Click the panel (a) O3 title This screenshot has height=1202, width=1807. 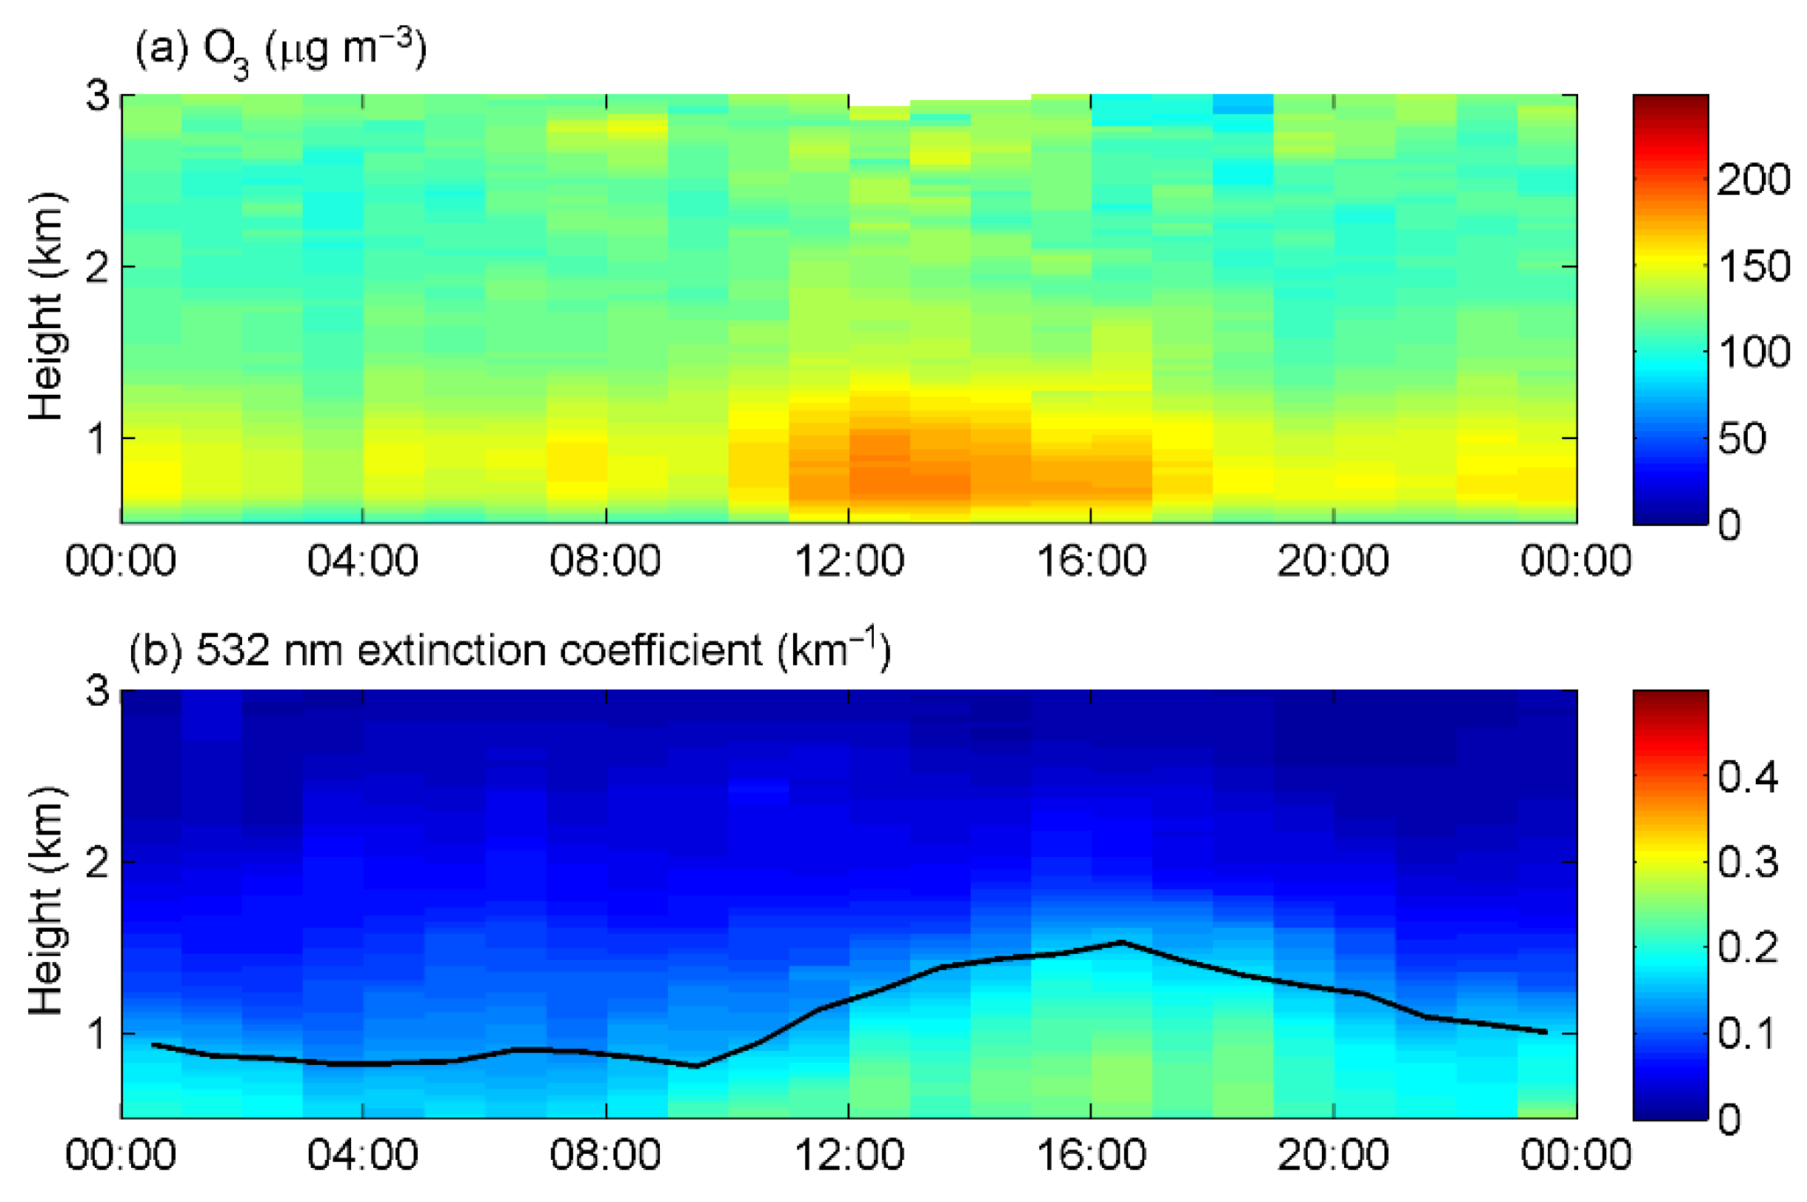(x=280, y=50)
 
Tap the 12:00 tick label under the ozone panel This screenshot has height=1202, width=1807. (x=849, y=561)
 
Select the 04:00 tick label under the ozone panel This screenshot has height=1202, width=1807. (x=362, y=561)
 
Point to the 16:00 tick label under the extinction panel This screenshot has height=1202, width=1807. (x=1092, y=1155)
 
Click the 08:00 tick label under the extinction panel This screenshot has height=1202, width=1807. (x=605, y=1155)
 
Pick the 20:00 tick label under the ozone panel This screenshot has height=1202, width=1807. (x=1334, y=561)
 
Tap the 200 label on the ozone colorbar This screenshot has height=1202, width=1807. (x=1754, y=180)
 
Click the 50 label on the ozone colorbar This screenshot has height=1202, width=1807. (x=1742, y=439)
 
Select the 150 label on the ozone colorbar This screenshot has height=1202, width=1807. (x=1754, y=267)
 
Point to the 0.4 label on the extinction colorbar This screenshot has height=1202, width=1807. (x=1748, y=778)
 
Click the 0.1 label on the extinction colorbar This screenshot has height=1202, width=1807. (x=1746, y=1034)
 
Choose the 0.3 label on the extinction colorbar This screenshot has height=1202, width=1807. (x=1748, y=863)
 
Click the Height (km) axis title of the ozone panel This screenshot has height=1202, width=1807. (x=46, y=307)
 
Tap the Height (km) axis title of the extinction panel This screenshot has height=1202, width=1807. (x=46, y=902)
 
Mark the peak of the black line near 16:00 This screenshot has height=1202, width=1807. (x=1122, y=942)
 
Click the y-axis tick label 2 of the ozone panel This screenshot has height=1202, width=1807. (x=97, y=267)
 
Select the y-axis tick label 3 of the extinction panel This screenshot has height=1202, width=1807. (x=97, y=691)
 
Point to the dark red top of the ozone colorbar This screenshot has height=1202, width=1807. (x=1671, y=101)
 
